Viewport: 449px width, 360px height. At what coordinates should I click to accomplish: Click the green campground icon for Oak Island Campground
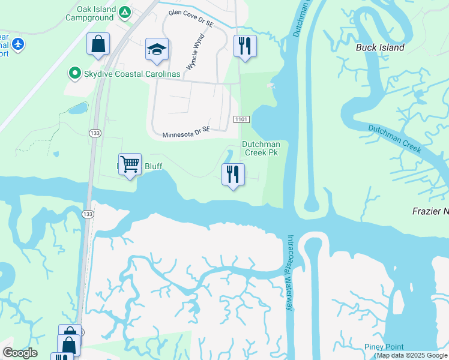point(125,12)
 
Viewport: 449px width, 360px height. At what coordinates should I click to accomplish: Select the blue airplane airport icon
point(18,44)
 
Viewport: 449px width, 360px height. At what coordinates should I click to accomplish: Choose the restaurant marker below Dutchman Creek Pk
point(232,175)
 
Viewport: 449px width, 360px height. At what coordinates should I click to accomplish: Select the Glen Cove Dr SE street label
point(191,17)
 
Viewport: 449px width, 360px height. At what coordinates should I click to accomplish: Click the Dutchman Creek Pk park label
point(261,148)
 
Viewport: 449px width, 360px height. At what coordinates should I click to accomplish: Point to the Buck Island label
point(380,47)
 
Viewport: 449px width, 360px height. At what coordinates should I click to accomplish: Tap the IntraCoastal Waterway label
point(291,272)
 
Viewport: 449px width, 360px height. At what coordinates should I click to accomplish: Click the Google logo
point(20,353)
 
